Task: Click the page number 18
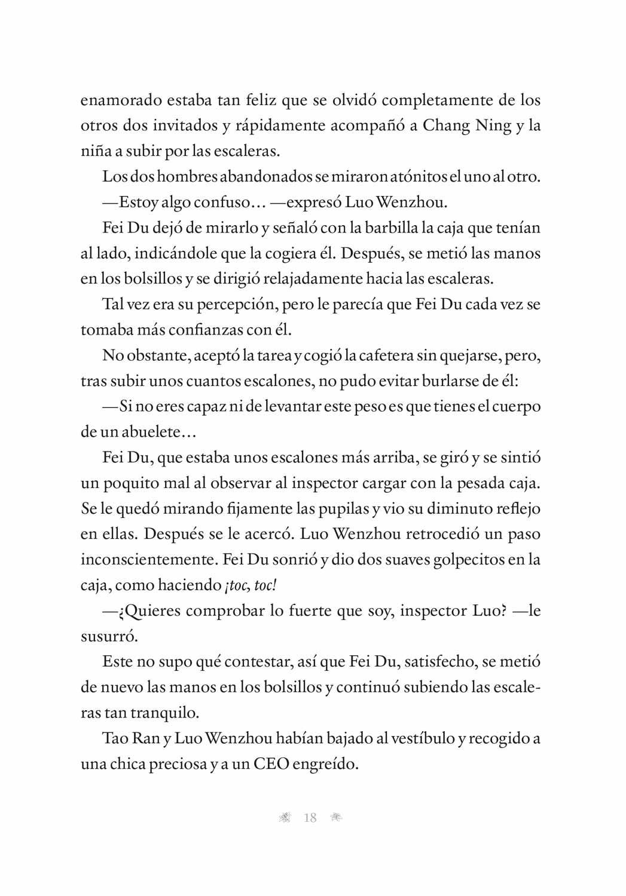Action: [x=310, y=818]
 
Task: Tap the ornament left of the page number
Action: [x=285, y=818]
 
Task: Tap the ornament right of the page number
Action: [x=336, y=818]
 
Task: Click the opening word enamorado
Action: [x=120, y=100]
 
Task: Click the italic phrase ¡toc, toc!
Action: [x=251, y=585]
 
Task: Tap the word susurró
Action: [x=109, y=636]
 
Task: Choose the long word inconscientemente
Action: [x=149, y=560]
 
